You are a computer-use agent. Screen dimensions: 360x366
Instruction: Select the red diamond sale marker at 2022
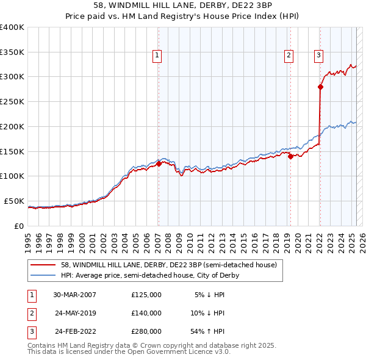320,87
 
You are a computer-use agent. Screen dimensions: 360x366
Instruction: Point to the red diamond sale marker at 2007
159,164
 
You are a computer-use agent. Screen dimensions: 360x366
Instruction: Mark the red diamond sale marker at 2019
290,156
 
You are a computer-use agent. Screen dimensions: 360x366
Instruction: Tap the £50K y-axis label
14,201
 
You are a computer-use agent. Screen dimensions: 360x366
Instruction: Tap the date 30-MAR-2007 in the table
74,295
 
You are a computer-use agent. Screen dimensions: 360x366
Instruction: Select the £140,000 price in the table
146,313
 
